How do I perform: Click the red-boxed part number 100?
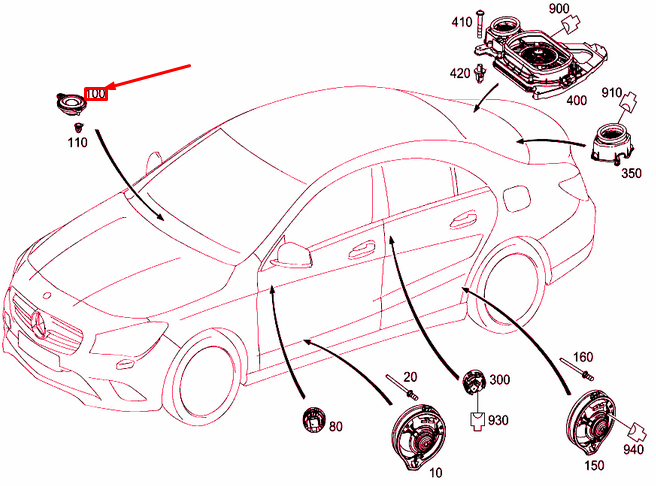96,94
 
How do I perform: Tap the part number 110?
78,143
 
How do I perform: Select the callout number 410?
462,22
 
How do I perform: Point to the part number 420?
460,74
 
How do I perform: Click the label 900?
559,8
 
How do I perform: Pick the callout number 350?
631,173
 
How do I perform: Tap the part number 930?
498,419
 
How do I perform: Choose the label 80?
336,427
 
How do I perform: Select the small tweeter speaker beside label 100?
69,104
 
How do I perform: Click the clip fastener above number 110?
78,127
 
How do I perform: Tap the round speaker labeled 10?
419,436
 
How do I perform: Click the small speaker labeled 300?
474,381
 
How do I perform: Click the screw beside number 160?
577,369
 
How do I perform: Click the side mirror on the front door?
290,255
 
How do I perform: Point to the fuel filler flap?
517,197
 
